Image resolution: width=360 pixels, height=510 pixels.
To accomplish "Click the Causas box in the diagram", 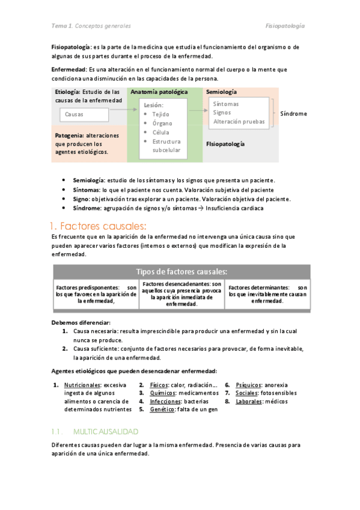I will coord(84,114).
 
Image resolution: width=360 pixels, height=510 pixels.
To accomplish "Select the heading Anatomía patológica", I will coord(159,92).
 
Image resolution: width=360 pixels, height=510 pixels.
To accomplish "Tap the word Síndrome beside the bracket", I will coord(293,113).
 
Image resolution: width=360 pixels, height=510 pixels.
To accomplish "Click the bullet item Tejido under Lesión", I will coord(160,114).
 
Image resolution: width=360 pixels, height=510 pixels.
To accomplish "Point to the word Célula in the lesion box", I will coord(160,132).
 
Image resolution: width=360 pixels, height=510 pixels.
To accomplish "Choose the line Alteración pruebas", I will coord(239,121).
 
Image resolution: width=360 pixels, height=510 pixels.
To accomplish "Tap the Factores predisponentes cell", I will coord(96,294).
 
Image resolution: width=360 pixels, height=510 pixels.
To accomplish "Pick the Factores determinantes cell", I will coord(267,294).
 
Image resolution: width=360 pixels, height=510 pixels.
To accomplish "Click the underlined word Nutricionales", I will coord(82,385).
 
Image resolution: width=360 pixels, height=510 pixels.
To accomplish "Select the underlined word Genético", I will coord(162,410).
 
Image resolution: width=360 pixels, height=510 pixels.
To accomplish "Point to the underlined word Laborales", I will coord(249,401).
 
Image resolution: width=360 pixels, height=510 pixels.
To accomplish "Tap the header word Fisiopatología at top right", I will coord(285,26).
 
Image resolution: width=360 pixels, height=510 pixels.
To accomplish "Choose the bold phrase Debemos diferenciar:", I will coord(81,322).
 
